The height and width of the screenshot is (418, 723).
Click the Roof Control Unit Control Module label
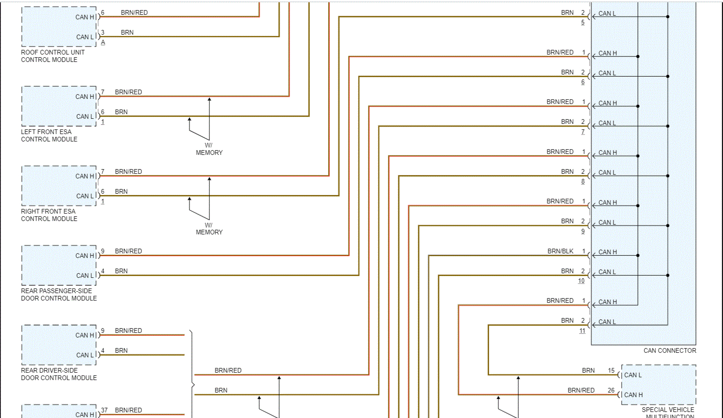[52, 56]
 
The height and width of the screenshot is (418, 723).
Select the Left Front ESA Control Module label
[49, 135]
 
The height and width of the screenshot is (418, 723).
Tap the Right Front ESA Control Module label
[49, 215]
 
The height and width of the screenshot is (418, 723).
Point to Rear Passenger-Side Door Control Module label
[59, 295]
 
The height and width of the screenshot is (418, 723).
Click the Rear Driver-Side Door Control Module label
[59, 374]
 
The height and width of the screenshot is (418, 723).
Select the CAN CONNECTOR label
[669, 350]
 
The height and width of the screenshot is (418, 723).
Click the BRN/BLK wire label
[560, 251]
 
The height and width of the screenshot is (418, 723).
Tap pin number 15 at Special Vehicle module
[611, 370]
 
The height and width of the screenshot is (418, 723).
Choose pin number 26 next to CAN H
[611, 390]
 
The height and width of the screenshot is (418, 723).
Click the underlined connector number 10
[581, 281]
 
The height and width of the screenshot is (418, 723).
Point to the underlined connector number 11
[582, 331]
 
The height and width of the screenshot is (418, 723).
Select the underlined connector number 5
[583, 22]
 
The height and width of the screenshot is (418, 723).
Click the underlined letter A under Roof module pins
[103, 43]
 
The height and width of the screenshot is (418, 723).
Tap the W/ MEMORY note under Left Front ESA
[209, 149]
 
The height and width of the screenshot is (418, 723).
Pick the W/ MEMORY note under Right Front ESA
[209, 228]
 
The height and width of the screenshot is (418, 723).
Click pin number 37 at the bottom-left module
[104, 410]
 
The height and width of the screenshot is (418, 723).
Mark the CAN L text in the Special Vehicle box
[633, 375]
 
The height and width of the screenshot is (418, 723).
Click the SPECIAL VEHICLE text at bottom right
[667, 410]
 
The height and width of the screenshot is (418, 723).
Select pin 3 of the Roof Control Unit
[103, 32]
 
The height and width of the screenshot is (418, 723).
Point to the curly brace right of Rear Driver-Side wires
[192, 385]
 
